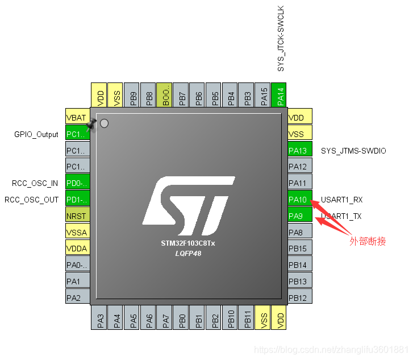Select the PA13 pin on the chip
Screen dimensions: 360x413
pyautogui.click(x=299, y=151)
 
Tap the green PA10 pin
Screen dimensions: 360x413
pyautogui.click(x=299, y=200)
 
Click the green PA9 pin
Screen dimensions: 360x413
pyautogui.click(x=299, y=216)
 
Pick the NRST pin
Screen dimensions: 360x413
pyautogui.click(x=77, y=216)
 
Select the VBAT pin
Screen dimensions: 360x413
pyautogui.click(x=77, y=118)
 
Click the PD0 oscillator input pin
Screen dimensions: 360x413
pyautogui.click(x=77, y=183)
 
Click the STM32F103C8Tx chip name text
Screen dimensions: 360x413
pyautogui.click(x=188, y=243)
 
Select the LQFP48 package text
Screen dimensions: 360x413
pyautogui.click(x=188, y=253)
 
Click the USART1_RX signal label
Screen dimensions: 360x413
pyautogui.click(x=342, y=200)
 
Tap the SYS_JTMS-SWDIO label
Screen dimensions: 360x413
pyautogui.click(x=353, y=151)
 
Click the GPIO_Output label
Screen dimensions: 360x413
pyautogui.click(x=36, y=135)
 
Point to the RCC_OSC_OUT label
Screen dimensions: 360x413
pyautogui.click(x=32, y=200)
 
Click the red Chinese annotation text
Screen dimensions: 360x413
pyautogui.click(x=368, y=241)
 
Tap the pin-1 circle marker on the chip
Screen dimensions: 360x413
pyautogui.click(x=104, y=123)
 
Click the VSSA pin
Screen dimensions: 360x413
pyautogui.click(x=77, y=233)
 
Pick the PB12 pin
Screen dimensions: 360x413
pyautogui.click(x=299, y=298)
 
